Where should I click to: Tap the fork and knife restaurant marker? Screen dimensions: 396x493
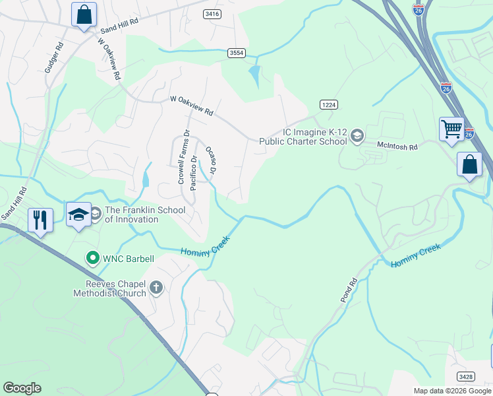[x=40, y=219]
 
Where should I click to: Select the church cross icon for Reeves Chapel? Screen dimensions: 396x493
[x=156, y=287]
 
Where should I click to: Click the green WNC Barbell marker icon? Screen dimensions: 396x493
[x=93, y=258]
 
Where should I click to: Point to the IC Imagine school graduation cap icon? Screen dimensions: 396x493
[x=357, y=136]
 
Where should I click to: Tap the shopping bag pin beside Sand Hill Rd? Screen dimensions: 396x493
[x=84, y=14]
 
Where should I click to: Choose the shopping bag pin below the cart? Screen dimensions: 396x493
[x=470, y=164]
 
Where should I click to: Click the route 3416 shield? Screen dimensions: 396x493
[x=212, y=13]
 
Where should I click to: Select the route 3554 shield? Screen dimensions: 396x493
[x=237, y=52]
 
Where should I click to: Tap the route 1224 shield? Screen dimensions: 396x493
[x=329, y=104]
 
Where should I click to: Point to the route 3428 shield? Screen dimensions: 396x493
[x=466, y=376]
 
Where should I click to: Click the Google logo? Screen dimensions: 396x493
[x=22, y=388]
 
